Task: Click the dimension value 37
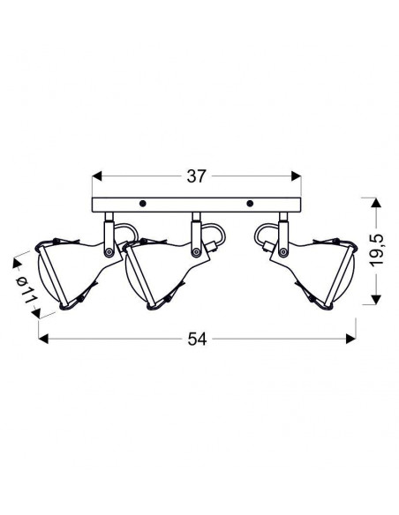tap(196, 176)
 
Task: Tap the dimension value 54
tap(197, 339)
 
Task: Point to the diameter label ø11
tap(27, 288)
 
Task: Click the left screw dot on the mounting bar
tap(142, 204)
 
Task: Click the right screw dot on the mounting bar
tap(250, 204)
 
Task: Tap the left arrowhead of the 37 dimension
tap(97, 176)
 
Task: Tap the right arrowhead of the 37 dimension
tap(296, 176)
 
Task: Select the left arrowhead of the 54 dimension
tap(43, 339)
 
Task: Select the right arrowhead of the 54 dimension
tap(350, 339)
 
